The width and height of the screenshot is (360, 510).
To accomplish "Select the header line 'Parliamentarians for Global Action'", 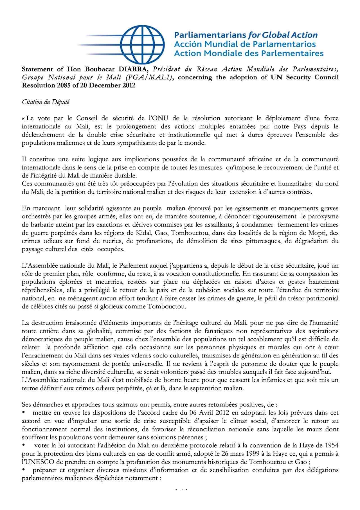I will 246,35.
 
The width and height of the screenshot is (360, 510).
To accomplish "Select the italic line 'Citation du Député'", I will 46,102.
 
